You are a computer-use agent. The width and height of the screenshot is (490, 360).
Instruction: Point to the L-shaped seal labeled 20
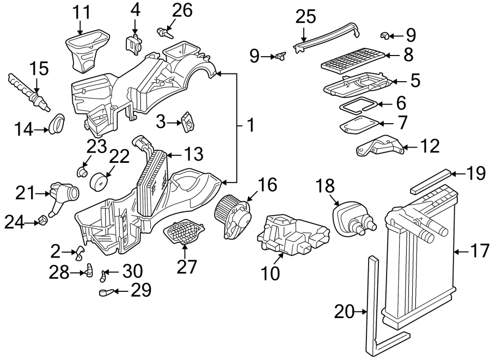pos(376,305)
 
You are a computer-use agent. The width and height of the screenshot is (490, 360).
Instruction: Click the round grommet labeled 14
pos(56,124)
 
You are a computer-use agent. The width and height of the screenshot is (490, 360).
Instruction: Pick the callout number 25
pos(305,17)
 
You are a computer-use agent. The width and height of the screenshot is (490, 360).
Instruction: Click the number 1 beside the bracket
pos(250,126)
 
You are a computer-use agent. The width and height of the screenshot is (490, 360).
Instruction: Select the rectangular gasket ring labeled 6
pos(358,103)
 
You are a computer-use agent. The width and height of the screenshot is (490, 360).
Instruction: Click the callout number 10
pos(271,272)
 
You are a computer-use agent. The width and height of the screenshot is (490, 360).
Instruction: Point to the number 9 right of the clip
pos(411,36)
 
